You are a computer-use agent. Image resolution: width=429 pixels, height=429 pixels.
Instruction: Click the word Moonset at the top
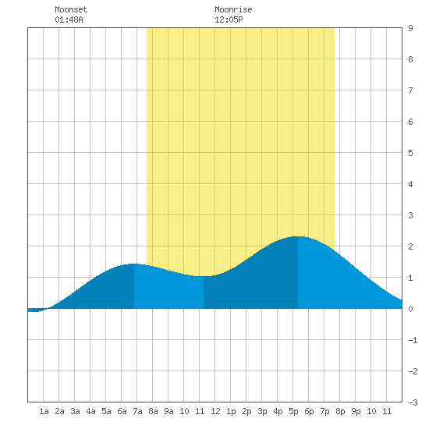click(x=71, y=9)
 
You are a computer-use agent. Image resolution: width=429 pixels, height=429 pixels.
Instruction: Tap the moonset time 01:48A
click(x=69, y=19)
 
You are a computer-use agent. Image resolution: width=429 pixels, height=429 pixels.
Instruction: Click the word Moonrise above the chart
click(x=233, y=9)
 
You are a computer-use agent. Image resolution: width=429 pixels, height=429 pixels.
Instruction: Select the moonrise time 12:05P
click(x=229, y=19)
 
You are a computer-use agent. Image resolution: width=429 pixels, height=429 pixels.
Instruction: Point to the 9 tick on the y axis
click(x=410, y=28)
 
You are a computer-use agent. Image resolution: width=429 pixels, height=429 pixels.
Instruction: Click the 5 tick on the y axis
click(x=410, y=153)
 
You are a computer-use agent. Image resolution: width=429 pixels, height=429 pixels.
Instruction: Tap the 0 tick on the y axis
click(x=410, y=309)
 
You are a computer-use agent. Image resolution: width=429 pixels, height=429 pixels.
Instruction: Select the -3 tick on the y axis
click(x=413, y=402)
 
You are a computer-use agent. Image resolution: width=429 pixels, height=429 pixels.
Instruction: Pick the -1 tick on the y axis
click(x=413, y=340)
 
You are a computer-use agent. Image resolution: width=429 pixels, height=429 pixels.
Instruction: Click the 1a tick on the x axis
click(x=44, y=411)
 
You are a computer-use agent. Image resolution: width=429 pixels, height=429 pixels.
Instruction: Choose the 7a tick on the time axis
click(x=137, y=411)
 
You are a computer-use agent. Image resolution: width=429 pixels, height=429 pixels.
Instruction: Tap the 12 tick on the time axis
click(x=215, y=411)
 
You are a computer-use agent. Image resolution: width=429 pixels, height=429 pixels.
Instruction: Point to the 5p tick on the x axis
click(x=293, y=411)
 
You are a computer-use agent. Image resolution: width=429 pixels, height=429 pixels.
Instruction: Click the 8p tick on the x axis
click(x=340, y=411)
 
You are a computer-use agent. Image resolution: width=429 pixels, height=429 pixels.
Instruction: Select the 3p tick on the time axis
click(x=262, y=411)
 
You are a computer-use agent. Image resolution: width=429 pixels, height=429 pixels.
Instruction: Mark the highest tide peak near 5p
click(x=298, y=236)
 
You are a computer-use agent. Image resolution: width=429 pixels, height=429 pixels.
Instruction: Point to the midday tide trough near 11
click(x=204, y=276)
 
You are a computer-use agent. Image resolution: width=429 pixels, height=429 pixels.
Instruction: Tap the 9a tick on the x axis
click(x=168, y=411)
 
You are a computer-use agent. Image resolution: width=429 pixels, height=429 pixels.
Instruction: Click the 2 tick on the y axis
click(x=410, y=246)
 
